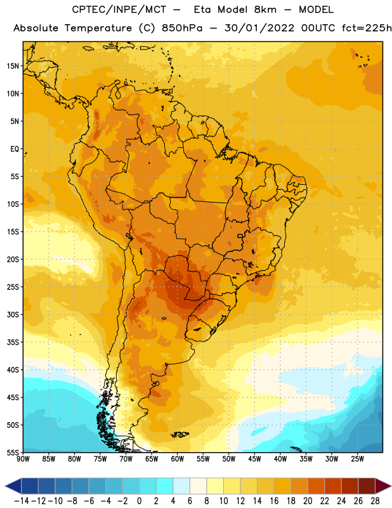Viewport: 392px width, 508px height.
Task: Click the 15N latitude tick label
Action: [x=13, y=66]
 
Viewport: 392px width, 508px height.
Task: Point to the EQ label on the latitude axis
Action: [x=15, y=149]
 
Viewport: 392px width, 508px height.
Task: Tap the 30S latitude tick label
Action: [x=13, y=314]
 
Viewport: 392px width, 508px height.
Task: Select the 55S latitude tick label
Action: [x=13, y=452]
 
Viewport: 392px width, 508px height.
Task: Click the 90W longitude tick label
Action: [x=23, y=458]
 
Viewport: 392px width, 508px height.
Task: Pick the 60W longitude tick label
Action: [x=178, y=458]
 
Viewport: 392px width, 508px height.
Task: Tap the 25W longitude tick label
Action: [x=357, y=458]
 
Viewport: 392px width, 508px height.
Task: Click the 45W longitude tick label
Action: [x=254, y=458]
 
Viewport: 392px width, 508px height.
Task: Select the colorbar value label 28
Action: [x=375, y=501]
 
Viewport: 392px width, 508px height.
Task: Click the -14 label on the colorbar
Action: [x=22, y=501]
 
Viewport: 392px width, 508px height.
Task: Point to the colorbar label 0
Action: [x=139, y=501]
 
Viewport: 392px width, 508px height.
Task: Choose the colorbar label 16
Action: [x=274, y=501]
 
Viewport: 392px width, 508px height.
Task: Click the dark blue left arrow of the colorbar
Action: [x=13, y=486]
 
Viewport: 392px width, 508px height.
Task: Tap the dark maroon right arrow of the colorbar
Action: [x=383, y=486]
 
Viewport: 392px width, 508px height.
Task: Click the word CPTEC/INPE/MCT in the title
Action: [x=119, y=10]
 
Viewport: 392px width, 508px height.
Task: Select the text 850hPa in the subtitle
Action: [x=182, y=28]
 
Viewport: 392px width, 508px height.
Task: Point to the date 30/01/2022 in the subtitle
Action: [x=259, y=28]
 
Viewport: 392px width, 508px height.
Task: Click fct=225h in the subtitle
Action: [x=367, y=28]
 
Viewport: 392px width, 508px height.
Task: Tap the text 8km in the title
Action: [x=265, y=10]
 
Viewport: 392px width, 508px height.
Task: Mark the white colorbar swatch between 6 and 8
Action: [x=199, y=486]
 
